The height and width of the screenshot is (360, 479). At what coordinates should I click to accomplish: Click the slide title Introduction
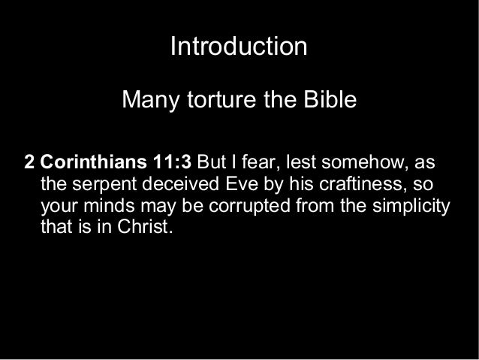tap(239, 47)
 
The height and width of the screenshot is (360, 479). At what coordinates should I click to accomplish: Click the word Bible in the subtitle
tap(327, 99)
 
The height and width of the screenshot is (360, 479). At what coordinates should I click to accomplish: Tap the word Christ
tap(146, 226)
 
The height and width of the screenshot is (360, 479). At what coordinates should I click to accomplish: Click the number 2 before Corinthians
tap(30, 163)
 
